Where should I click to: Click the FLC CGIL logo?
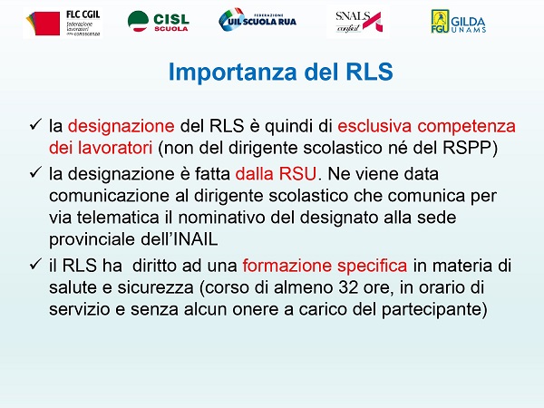click(x=63, y=23)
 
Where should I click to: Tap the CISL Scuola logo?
click(x=158, y=22)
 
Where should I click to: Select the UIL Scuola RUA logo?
click(x=257, y=20)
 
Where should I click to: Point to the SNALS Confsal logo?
click(x=358, y=22)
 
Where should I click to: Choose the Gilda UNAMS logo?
click(x=458, y=22)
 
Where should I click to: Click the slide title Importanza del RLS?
click(x=280, y=72)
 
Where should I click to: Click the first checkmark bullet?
click(x=35, y=124)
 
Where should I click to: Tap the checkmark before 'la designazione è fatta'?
click(x=35, y=172)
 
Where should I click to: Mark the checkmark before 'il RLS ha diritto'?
click(x=35, y=264)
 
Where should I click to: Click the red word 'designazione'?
click(x=121, y=126)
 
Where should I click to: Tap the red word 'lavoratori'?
click(x=115, y=148)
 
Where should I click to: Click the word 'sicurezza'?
click(x=155, y=287)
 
